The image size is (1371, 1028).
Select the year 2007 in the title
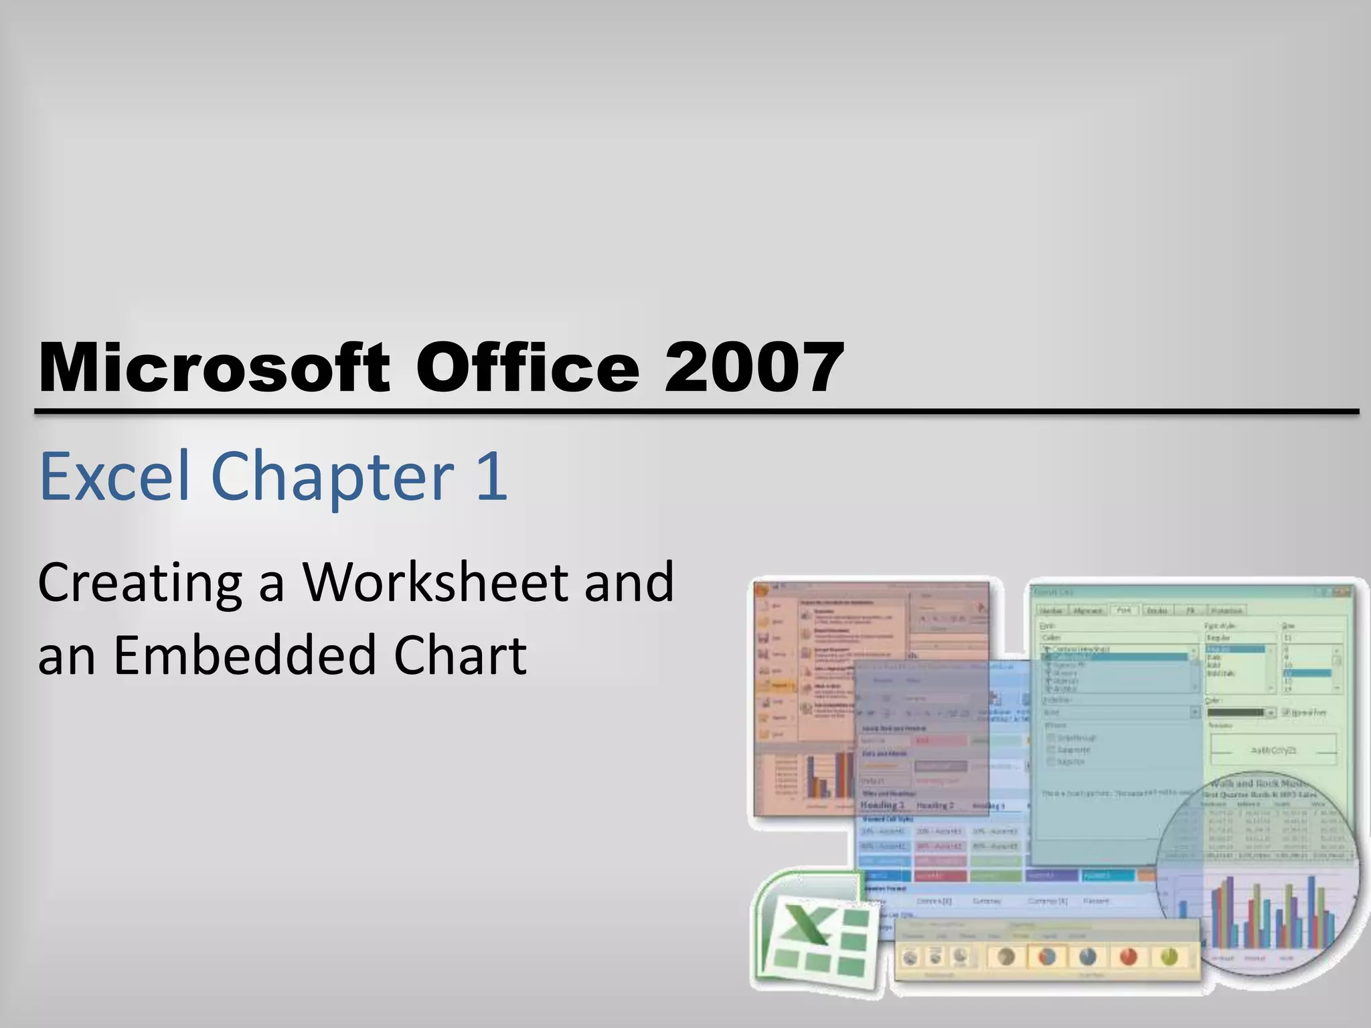tap(754, 367)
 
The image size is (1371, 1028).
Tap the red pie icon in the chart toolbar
tap(1129, 956)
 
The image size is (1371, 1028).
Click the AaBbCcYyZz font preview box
tap(1273, 750)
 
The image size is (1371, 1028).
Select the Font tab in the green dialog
tap(1124, 610)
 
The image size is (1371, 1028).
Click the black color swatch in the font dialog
tap(1235, 712)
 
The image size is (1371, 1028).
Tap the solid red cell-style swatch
tap(941, 875)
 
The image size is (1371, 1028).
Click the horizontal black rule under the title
tap(696, 412)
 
